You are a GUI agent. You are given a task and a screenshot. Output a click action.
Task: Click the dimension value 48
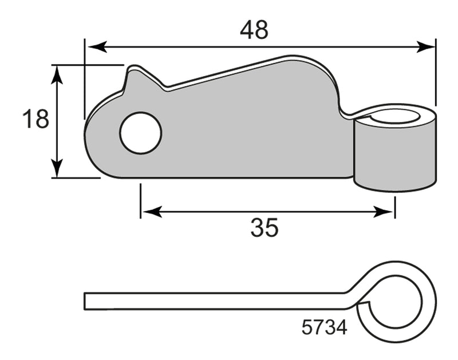click(254, 30)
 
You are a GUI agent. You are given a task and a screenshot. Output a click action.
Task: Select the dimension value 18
click(35, 121)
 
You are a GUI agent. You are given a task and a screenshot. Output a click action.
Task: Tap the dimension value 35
click(264, 228)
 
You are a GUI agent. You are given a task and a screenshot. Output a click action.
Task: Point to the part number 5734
click(323, 327)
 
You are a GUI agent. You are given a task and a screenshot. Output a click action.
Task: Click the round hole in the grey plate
click(140, 133)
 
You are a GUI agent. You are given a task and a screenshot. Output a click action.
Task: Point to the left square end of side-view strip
click(86, 301)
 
